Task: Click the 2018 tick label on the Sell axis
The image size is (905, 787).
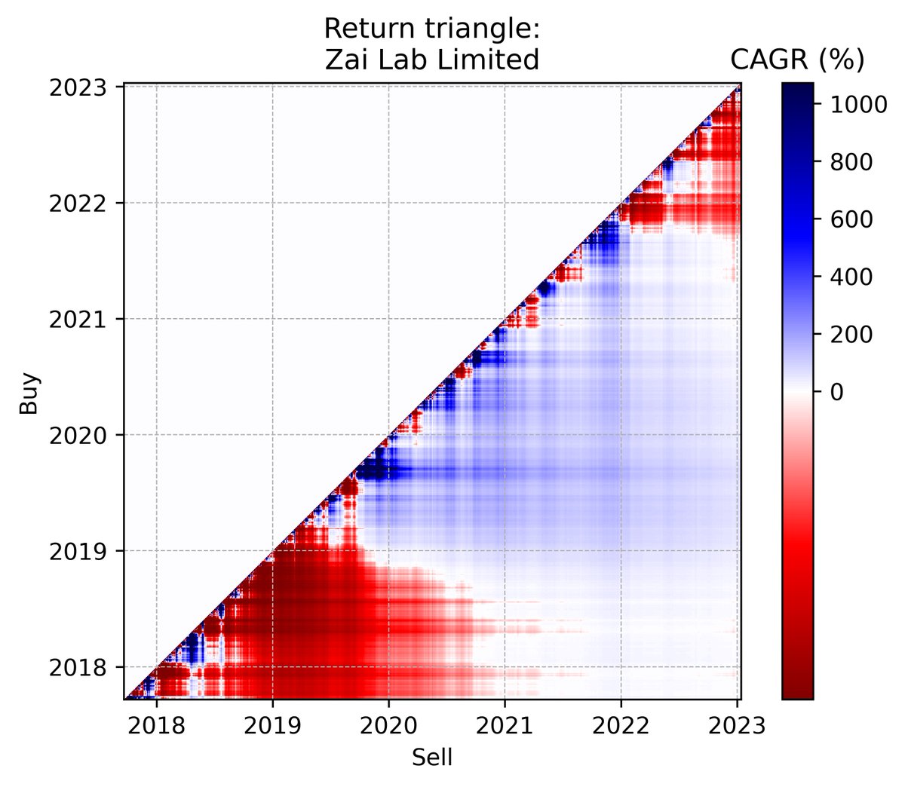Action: tap(156, 726)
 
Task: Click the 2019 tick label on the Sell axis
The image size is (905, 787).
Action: tap(272, 726)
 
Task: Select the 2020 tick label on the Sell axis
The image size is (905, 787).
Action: tap(388, 726)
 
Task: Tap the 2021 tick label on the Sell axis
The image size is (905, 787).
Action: tap(505, 726)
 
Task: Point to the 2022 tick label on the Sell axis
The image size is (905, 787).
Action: tap(621, 726)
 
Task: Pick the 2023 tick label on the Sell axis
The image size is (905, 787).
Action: tap(737, 726)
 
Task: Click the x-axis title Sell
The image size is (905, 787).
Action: tap(432, 758)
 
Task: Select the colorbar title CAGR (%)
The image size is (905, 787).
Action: tap(797, 60)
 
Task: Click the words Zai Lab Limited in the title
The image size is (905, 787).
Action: tap(432, 59)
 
